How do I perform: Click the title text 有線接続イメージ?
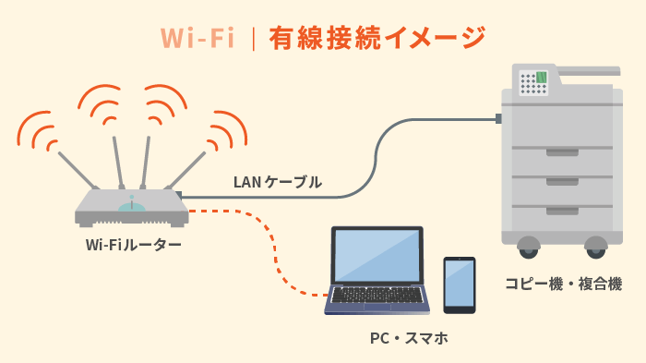point(377,37)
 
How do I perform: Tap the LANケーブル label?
point(277,182)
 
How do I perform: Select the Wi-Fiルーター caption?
point(133,245)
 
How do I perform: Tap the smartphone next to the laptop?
point(459,284)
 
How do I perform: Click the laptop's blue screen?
point(377,256)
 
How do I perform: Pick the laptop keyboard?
point(378,295)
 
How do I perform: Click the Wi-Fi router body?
point(132,207)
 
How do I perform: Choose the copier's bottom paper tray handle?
point(562,211)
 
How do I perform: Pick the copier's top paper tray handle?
point(562,151)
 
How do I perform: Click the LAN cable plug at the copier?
point(498,118)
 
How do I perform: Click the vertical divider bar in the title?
point(252,38)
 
